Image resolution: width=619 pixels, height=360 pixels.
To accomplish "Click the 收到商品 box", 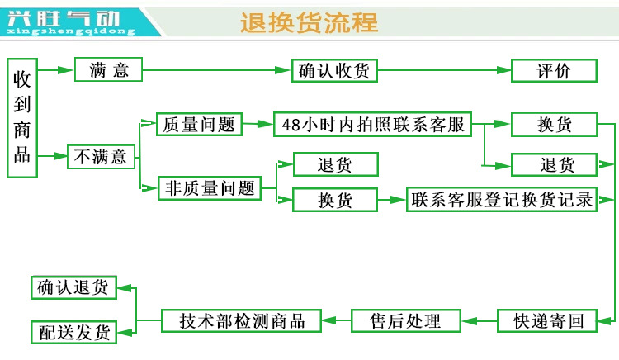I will (22, 117).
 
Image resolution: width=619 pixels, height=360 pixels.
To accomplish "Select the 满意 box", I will (109, 69).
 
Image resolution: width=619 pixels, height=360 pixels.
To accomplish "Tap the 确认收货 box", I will (333, 70).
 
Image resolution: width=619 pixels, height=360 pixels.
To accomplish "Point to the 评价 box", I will (553, 70).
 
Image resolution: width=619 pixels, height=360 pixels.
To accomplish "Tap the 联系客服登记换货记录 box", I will (502, 200).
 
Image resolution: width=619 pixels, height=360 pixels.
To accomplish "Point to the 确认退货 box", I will (73, 287).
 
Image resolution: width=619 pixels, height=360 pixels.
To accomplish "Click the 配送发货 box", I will (73, 333).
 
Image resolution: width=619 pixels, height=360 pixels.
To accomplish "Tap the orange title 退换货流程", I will (309, 22).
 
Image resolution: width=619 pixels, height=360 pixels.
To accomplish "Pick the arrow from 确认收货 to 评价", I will (443, 70).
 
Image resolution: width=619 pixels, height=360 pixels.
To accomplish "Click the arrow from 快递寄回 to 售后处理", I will (478, 320).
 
